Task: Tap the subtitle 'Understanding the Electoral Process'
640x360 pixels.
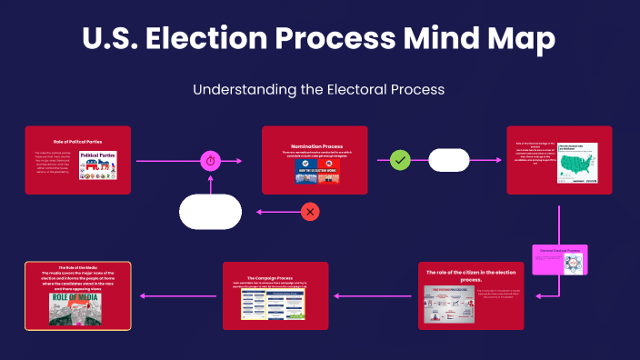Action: (x=319, y=90)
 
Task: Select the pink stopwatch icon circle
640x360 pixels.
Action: (x=211, y=161)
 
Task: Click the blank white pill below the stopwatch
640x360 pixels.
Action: (x=211, y=212)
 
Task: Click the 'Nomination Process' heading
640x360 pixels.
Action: (x=315, y=146)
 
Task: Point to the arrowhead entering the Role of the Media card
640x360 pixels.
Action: (x=135, y=295)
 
